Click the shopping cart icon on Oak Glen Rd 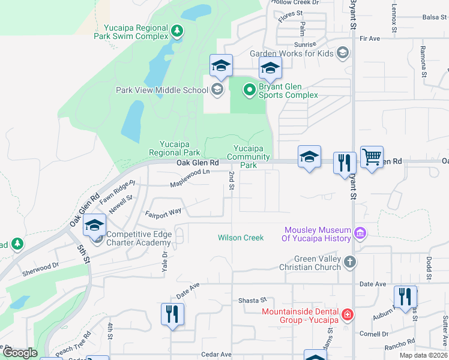tap(372, 158)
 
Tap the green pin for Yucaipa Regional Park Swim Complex tap(176, 30)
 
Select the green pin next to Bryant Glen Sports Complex tap(250, 90)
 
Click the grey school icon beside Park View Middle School tap(217, 91)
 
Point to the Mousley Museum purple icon tap(360, 233)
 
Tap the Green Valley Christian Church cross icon tap(351, 262)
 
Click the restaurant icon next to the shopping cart tap(345, 162)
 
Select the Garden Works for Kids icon tap(342, 53)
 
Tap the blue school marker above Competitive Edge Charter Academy tap(95, 225)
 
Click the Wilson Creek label tap(241, 238)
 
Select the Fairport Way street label tap(163, 212)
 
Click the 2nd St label tap(231, 181)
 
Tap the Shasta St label tap(252, 300)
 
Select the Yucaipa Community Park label tap(249, 157)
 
